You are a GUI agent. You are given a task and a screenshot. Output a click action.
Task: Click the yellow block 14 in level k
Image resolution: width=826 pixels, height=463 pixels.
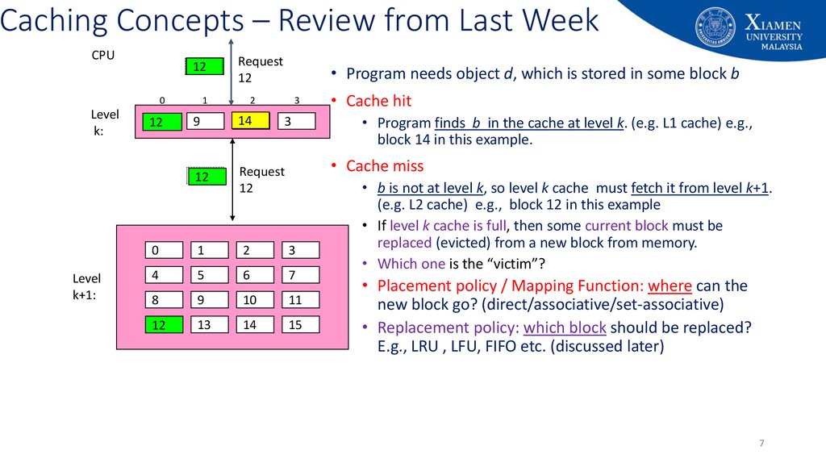[x=250, y=121]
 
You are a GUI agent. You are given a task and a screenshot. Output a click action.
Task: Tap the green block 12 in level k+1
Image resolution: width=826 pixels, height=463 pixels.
[x=164, y=325]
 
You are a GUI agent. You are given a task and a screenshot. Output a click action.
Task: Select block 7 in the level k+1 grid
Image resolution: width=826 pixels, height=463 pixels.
[x=300, y=275]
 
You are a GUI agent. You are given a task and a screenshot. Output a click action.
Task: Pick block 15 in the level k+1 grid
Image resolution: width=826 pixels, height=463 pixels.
[x=300, y=325]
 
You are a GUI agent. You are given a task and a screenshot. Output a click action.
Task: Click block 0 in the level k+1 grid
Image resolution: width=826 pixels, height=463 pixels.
[x=164, y=250]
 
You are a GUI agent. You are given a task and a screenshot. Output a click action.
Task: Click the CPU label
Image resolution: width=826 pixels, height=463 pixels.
[x=102, y=56]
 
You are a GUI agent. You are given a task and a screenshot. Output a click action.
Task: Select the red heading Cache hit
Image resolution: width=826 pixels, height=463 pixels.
[x=378, y=101]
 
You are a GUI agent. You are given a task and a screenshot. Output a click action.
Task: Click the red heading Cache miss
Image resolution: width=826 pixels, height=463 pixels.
[x=385, y=166]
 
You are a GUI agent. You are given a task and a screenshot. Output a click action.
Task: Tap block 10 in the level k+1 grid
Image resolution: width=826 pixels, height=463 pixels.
[x=255, y=300]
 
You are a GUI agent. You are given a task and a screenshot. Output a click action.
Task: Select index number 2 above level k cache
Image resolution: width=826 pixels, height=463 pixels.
[x=252, y=101]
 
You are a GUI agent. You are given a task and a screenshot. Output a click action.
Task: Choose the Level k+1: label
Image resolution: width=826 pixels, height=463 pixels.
[x=86, y=287]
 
